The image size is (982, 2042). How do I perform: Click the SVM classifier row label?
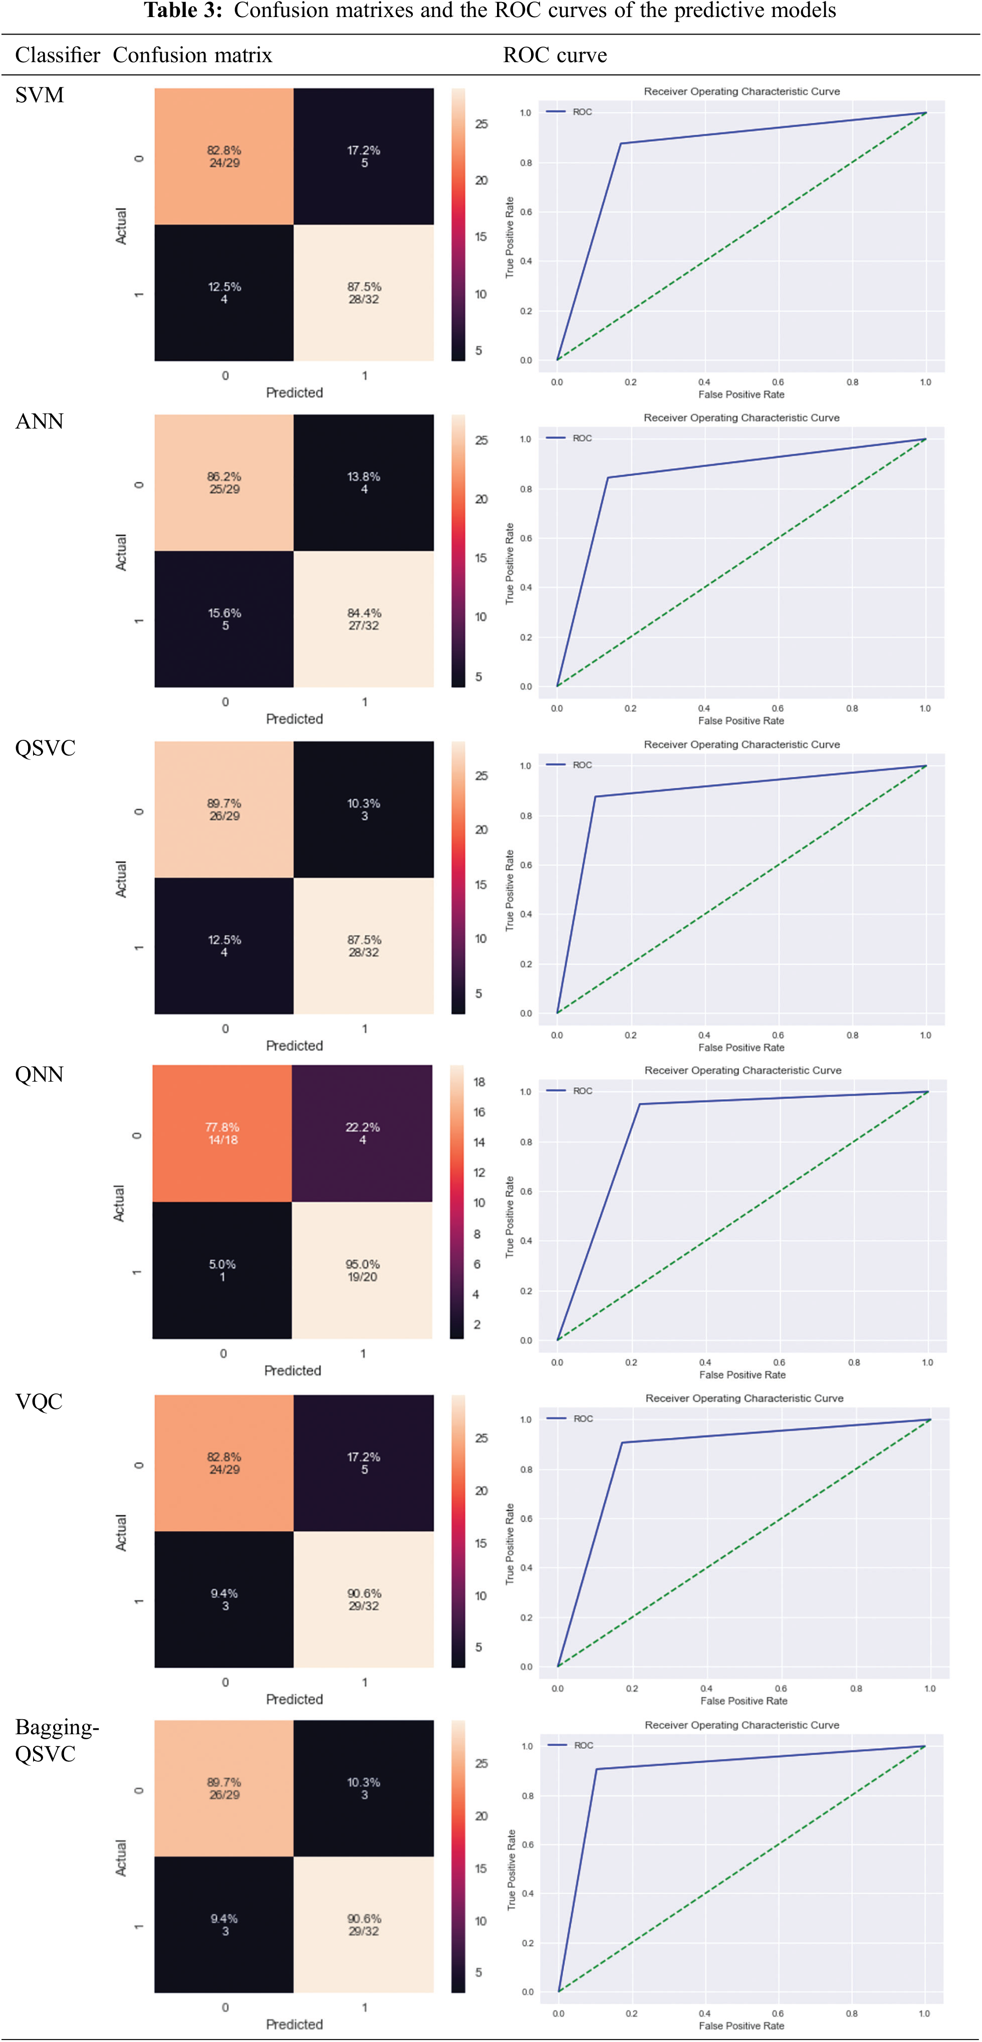point(39,95)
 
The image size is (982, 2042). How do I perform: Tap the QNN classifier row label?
point(39,1075)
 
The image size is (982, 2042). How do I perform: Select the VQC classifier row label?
point(39,1401)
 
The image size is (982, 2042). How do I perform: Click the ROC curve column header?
point(555,56)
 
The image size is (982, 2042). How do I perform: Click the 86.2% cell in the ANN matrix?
point(224,483)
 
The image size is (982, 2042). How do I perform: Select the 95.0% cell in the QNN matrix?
point(362,1271)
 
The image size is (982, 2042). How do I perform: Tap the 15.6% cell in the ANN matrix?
point(224,619)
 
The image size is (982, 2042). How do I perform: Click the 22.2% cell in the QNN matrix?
point(362,1134)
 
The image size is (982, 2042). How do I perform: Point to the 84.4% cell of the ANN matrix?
point(364,619)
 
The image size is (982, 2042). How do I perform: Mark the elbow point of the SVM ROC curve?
point(621,143)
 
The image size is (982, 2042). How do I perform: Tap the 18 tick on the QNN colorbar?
point(479,1082)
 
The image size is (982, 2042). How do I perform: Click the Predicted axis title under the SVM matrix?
point(294,393)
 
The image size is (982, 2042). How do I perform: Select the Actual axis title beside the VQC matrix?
point(120,1532)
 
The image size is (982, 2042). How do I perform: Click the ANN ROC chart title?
point(741,418)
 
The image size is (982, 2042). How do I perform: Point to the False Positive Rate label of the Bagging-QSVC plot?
point(741,2025)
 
